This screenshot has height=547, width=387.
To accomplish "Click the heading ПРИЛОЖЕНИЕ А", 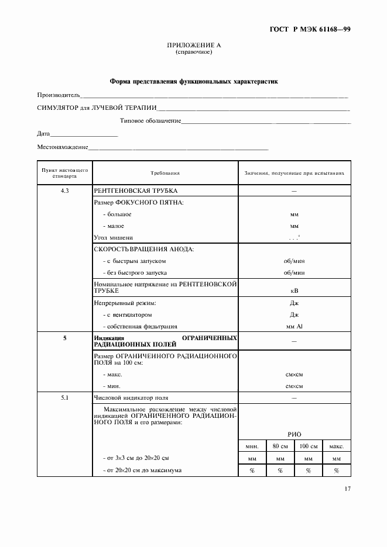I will tap(193, 45).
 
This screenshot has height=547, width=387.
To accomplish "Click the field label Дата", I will tap(43, 134).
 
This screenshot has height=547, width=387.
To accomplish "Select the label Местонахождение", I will tap(63, 148).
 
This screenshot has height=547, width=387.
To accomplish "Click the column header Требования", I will tap(165, 174).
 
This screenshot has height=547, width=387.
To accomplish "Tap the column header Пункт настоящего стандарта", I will tap(64, 172).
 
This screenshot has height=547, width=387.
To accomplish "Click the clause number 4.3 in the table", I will tap(64, 191).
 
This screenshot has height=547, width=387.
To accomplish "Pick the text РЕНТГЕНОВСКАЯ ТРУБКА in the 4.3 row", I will tap(135, 191).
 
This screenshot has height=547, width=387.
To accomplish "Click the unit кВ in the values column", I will tap(294, 290).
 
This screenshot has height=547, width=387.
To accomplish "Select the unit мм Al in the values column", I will tap(294, 326).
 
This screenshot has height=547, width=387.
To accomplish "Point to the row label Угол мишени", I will tap(114, 238).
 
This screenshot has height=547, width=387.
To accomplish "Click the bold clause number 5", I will tap(64, 338).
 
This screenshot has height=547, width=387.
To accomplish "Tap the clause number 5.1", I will tap(64, 397).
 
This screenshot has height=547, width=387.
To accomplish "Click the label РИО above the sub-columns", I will tap(294, 434).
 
